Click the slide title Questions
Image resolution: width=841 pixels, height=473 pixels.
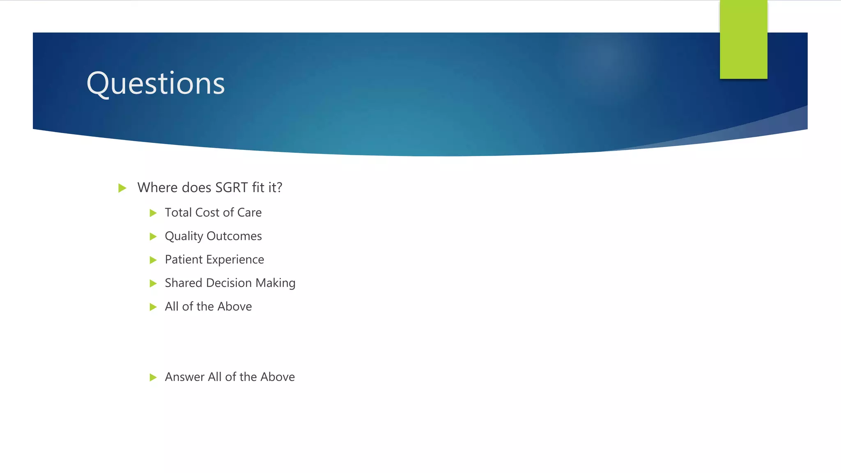(156, 83)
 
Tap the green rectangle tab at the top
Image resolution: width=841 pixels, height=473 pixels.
(743, 39)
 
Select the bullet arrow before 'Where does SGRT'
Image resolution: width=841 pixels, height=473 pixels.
(122, 188)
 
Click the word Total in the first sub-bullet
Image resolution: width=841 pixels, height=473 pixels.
(178, 212)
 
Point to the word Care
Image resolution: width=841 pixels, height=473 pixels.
(249, 212)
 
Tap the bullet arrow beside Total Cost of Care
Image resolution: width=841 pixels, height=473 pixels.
(153, 213)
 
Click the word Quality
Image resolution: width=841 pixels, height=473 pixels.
(184, 236)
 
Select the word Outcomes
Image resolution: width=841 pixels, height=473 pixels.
(234, 236)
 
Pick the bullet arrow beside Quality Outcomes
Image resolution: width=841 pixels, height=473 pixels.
(153, 236)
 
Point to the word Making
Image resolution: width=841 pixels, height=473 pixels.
(275, 283)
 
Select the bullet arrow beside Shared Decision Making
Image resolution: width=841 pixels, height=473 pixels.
(153, 283)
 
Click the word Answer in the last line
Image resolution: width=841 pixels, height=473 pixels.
(185, 377)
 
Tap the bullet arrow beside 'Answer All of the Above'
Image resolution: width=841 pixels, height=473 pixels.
(153, 377)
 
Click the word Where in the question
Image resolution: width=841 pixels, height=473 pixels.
(158, 188)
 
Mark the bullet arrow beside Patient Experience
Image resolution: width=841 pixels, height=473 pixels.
(153, 260)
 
